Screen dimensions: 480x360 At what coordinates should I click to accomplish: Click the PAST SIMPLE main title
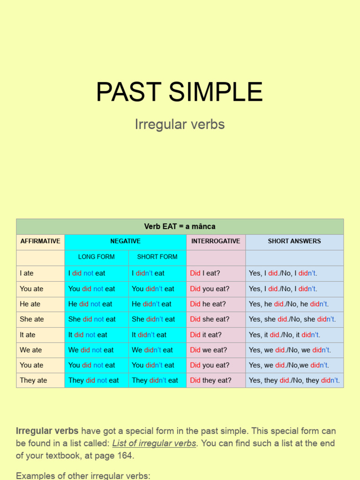[x=180, y=92]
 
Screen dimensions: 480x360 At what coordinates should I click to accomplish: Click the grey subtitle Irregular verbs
[x=180, y=124]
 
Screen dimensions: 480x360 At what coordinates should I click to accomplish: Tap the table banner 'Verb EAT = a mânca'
[x=180, y=226]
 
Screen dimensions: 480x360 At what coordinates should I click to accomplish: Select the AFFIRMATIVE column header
[x=40, y=241]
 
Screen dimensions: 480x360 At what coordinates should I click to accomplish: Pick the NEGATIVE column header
[x=125, y=241]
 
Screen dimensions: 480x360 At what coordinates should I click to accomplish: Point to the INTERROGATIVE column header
[x=216, y=241]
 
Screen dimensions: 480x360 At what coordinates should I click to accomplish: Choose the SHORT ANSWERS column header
[x=294, y=241]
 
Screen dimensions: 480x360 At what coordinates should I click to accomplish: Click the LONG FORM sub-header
[x=96, y=257]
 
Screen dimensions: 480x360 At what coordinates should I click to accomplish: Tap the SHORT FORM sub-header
[x=157, y=257]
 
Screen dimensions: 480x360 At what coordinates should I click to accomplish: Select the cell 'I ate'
[x=27, y=273]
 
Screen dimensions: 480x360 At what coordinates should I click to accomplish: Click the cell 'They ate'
[x=33, y=380]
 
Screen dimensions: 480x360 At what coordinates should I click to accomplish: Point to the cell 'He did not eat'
[x=90, y=304]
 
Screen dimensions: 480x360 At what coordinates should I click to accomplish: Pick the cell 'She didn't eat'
[x=153, y=319]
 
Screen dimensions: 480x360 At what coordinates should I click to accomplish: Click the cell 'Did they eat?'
[x=210, y=380]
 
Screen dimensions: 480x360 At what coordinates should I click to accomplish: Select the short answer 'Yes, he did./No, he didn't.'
[x=289, y=304]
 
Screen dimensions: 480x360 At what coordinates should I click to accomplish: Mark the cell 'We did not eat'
[x=91, y=350]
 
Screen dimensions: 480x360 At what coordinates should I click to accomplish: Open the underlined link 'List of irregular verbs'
[x=154, y=443]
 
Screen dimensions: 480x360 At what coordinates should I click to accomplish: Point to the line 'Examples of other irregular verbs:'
[x=83, y=475]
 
